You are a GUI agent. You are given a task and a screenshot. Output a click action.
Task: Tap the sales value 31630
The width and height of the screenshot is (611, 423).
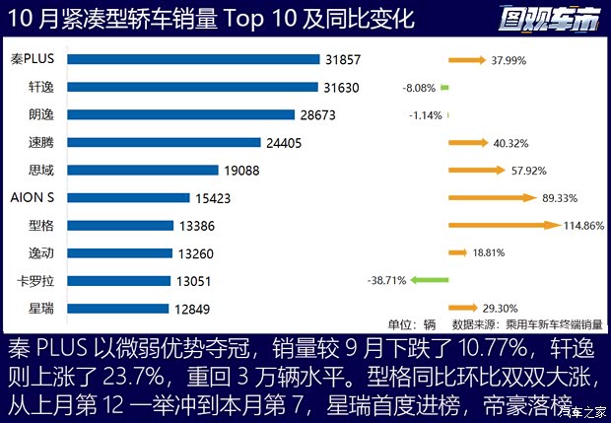coord(341,88)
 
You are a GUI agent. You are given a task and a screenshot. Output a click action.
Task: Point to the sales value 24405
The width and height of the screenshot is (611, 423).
coord(283,143)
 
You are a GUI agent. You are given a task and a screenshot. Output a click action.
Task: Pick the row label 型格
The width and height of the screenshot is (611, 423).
coord(41,226)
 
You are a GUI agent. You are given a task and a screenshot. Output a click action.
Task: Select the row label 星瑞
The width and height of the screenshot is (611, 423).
coord(41,309)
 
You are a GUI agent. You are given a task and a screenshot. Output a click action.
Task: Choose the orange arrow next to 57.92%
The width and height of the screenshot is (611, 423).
coord(477,170)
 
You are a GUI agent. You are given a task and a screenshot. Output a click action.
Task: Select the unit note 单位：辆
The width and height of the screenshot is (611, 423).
coord(411,323)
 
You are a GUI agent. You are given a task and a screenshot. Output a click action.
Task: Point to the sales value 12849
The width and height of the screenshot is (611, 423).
coord(193,309)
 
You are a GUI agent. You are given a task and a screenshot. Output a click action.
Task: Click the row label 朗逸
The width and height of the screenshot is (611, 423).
coord(41,115)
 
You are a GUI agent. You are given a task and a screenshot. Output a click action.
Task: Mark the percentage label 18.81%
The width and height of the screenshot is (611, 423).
coord(489,253)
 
